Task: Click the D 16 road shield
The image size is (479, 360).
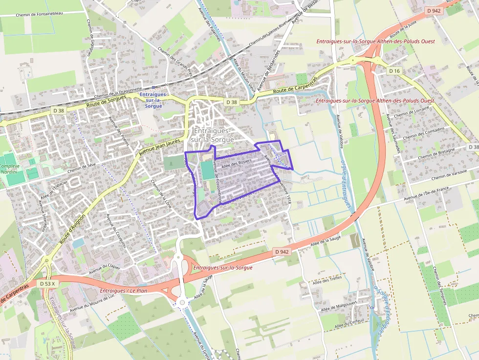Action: (x=394, y=71)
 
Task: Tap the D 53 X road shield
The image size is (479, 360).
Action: (x=48, y=283)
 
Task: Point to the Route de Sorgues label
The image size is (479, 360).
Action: (x=106, y=102)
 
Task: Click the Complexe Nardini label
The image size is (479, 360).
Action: (x=9, y=169)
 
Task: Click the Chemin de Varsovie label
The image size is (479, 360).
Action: (x=449, y=174)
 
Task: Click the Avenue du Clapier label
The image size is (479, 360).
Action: (x=105, y=269)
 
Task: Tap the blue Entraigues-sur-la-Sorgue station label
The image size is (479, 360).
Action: (x=153, y=100)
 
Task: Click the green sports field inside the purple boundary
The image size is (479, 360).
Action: (x=207, y=169)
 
